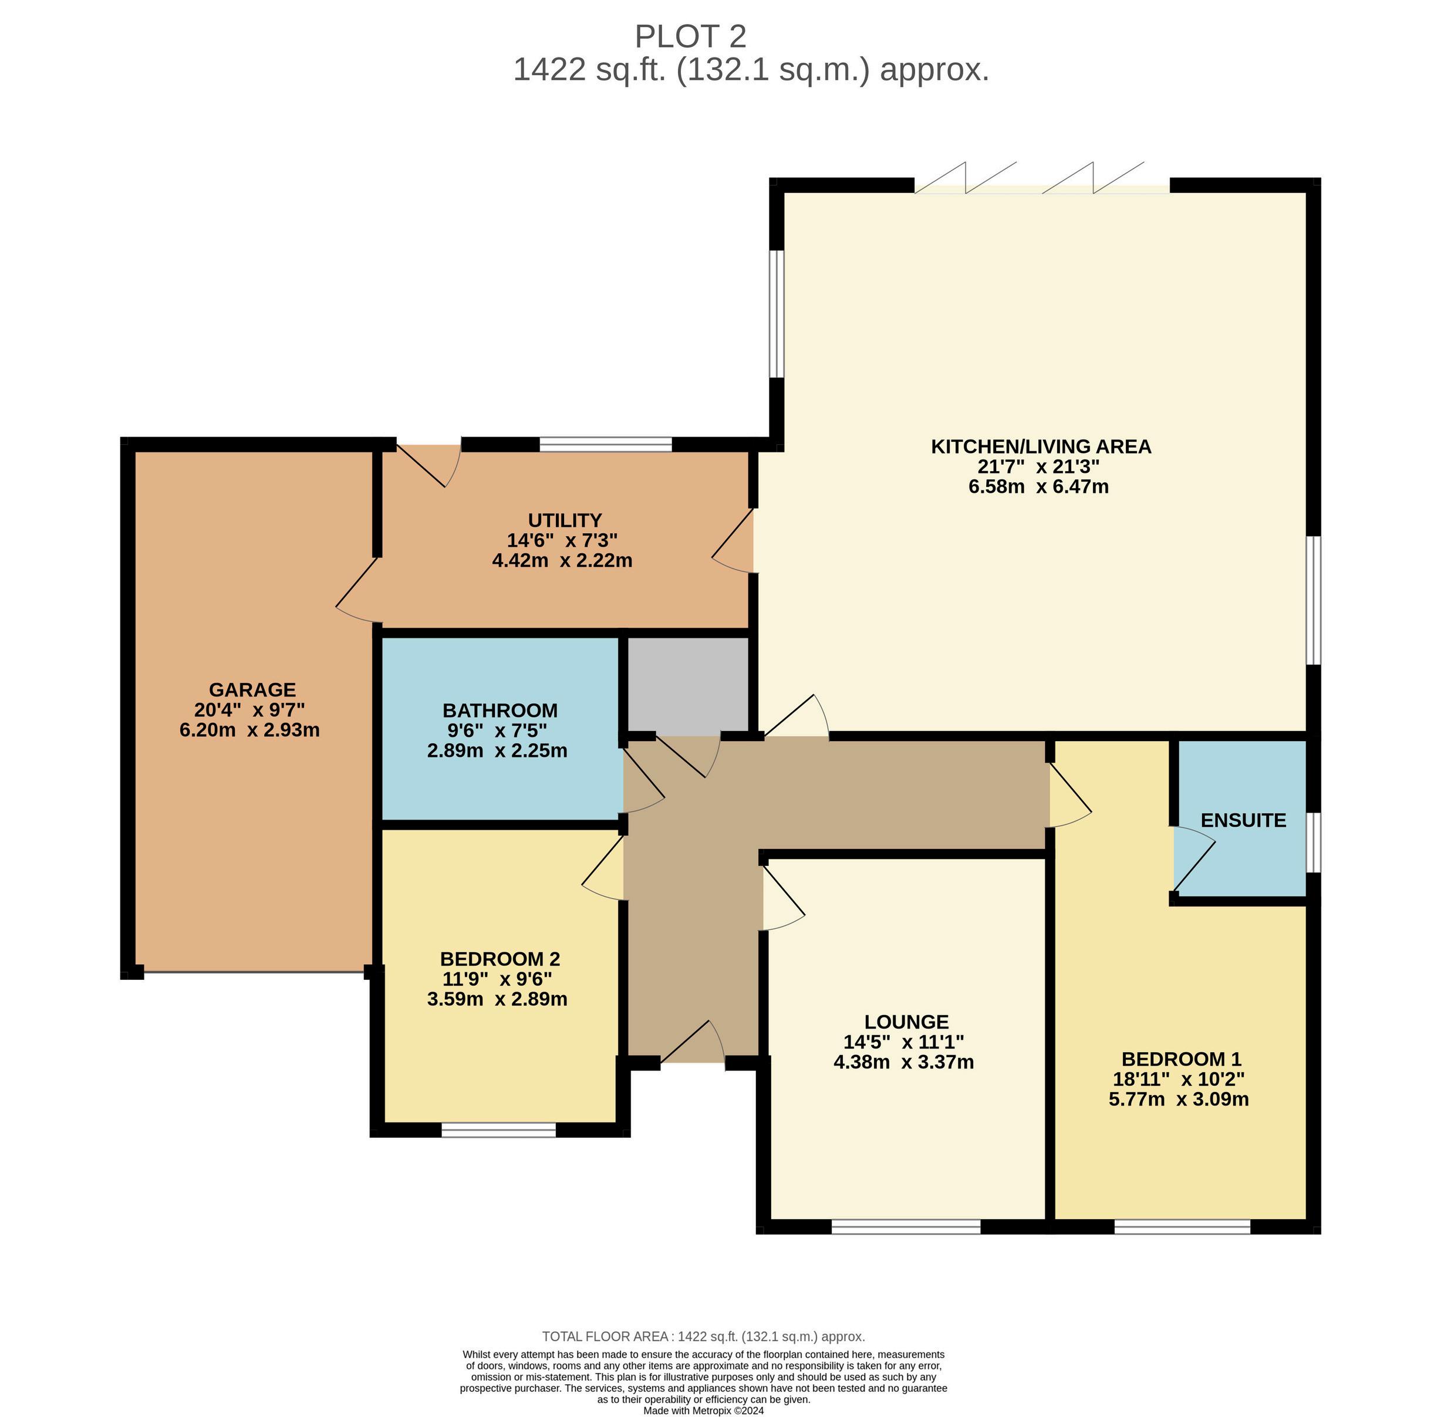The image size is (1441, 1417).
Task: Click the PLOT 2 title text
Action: [690, 36]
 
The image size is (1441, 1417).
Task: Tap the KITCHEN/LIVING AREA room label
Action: [1041, 447]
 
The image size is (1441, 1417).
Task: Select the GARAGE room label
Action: [252, 690]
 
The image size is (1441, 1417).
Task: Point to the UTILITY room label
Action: [564, 520]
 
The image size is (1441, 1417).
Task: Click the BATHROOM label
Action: [500, 710]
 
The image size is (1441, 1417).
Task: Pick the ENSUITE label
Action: [1243, 820]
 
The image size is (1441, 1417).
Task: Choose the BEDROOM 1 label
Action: [1181, 1059]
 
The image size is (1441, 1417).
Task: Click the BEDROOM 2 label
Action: [500, 959]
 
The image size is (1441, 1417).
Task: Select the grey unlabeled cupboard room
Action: [688, 684]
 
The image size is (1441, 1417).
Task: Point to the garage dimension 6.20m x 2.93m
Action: [249, 730]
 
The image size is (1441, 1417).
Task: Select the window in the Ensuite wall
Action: [1314, 842]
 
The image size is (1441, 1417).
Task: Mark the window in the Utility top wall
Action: [605, 444]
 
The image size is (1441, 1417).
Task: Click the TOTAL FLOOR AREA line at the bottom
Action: [703, 1336]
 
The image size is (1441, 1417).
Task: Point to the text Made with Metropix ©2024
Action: [703, 1411]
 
